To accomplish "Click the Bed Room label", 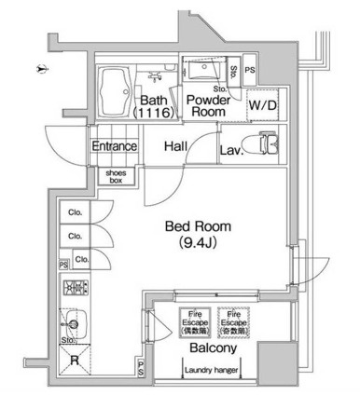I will pos(198,226).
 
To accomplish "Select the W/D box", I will pos(262,105).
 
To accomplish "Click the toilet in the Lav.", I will pos(270,145).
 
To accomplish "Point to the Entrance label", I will pos(114,146).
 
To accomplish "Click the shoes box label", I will pos(117,176).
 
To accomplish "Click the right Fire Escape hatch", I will pos(233,321).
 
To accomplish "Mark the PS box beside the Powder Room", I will pos(250,71).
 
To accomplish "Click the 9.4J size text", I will pos(198,244).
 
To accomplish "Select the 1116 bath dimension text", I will pos(150,113).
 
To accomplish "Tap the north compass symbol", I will pos(36,69).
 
